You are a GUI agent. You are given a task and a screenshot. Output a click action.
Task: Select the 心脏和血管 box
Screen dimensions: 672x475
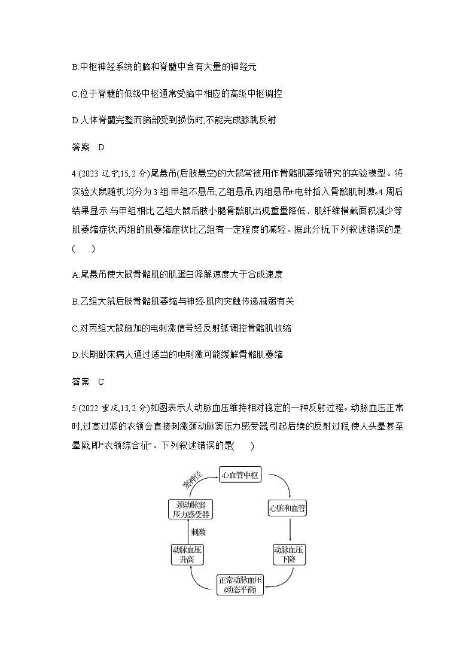pyautogui.click(x=289, y=509)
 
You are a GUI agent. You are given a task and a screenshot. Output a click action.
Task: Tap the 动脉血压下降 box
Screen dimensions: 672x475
pyautogui.click(x=289, y=554)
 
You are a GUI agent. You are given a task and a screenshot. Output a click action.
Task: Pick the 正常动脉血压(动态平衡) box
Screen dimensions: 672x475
pyautogui.click(x=240, y=583)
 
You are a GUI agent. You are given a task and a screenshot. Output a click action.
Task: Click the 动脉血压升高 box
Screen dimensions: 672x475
pyautogui.click(x=187, y=554)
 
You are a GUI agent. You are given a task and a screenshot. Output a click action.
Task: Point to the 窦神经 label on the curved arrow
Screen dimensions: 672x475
pyautogui.click(x=192, y=480)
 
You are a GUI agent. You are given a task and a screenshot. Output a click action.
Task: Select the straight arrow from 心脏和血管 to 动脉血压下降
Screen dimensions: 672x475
pyautogui.click(x=290, y=531)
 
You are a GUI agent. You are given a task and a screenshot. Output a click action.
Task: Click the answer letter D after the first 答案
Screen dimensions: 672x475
pyautogui.click(x=101, y=147)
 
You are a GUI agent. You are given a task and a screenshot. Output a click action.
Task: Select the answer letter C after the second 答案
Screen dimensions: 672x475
pyautogui.click(x=101, y=381)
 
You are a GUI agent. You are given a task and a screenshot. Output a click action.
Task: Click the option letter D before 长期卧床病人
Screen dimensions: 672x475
pyautogui.click(x=74, y=355)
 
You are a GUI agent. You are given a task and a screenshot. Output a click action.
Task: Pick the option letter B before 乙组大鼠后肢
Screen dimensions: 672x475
pyautogui.click(x=74, y=302)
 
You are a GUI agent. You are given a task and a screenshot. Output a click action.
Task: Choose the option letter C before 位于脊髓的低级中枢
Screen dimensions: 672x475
pyautogui.click(x=74, y=94)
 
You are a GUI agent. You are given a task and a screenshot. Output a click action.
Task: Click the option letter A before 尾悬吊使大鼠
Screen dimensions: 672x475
pyautogui.click(x=74, y=275)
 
